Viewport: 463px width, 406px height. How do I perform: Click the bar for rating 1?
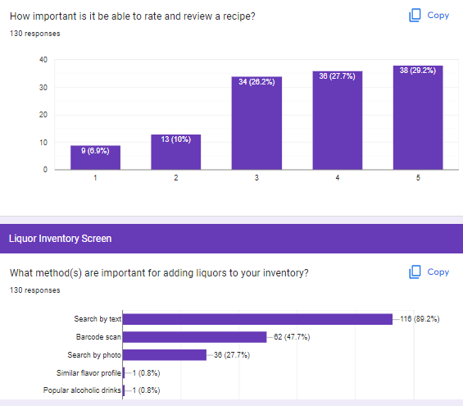point(95,157)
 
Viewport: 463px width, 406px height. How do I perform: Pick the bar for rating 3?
point(256,123)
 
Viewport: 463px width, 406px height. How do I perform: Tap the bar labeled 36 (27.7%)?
point(337,121)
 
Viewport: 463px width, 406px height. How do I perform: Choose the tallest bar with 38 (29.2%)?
point(417,117)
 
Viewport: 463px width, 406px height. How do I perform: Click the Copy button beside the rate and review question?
point(429,16)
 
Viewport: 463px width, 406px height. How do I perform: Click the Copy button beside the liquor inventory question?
point(429,272)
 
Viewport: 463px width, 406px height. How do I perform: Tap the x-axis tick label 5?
point(417,178)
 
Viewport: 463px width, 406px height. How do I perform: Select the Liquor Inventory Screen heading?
point(60,239)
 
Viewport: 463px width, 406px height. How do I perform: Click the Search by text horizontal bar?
point(257,319)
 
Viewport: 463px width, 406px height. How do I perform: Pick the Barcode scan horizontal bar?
point(195,337)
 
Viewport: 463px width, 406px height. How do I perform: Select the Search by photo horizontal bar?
point(165,355)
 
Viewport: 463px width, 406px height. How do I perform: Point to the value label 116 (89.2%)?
point(420,319)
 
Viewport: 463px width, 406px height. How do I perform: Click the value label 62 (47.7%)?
point(292,337)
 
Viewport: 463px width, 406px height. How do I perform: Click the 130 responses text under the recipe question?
point(34,34)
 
